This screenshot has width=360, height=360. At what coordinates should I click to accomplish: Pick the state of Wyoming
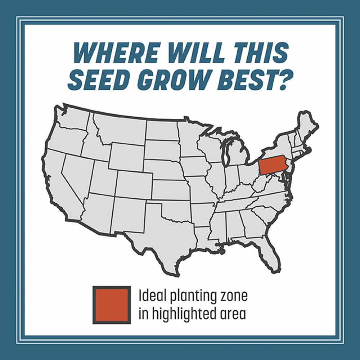(x=126, y=157)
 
